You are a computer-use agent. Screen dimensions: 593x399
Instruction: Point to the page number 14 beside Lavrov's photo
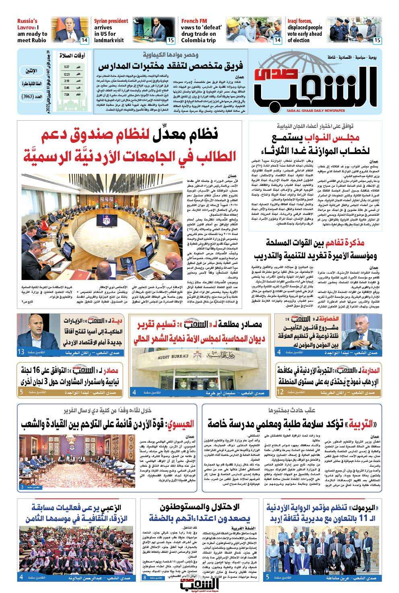pyautogui.click(x=84, y=40)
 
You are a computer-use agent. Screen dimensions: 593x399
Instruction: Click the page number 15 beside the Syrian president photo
pyautogui.click(x=171, y=40)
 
